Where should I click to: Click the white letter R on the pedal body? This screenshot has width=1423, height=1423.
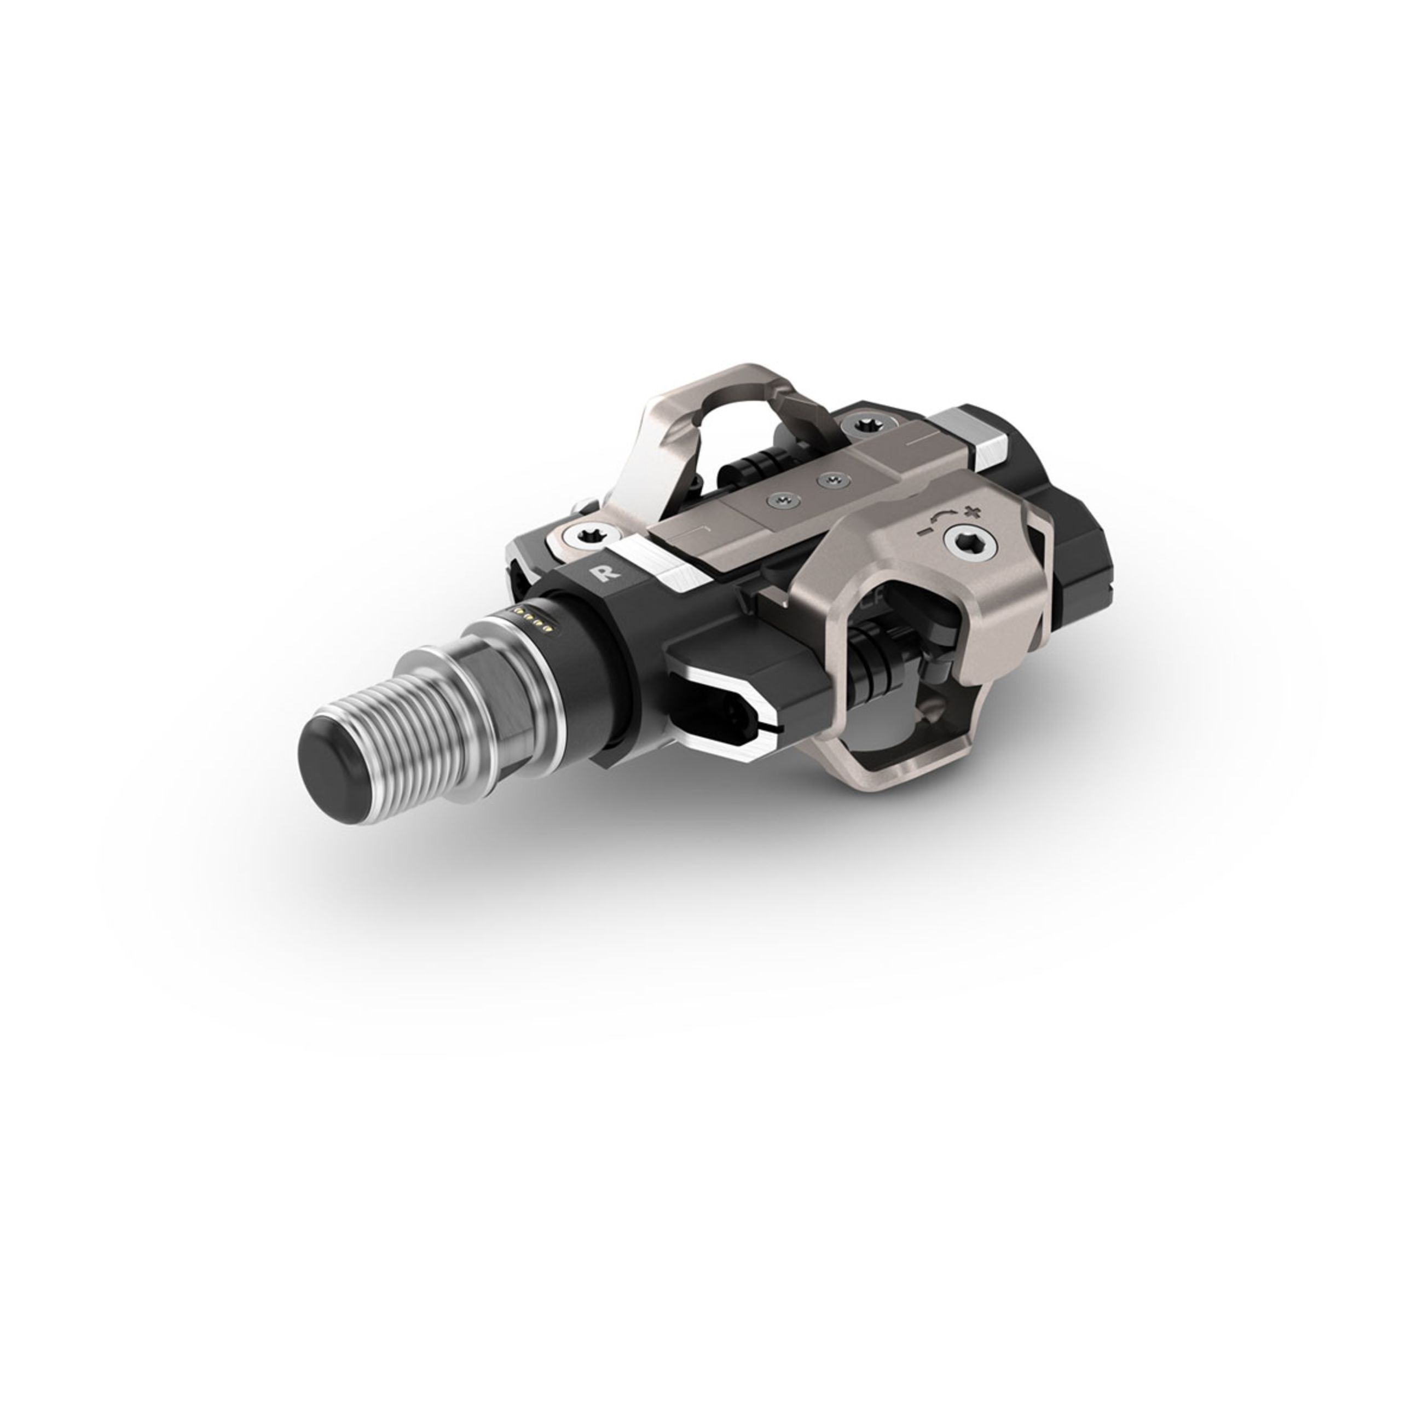[x=608, y=574]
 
